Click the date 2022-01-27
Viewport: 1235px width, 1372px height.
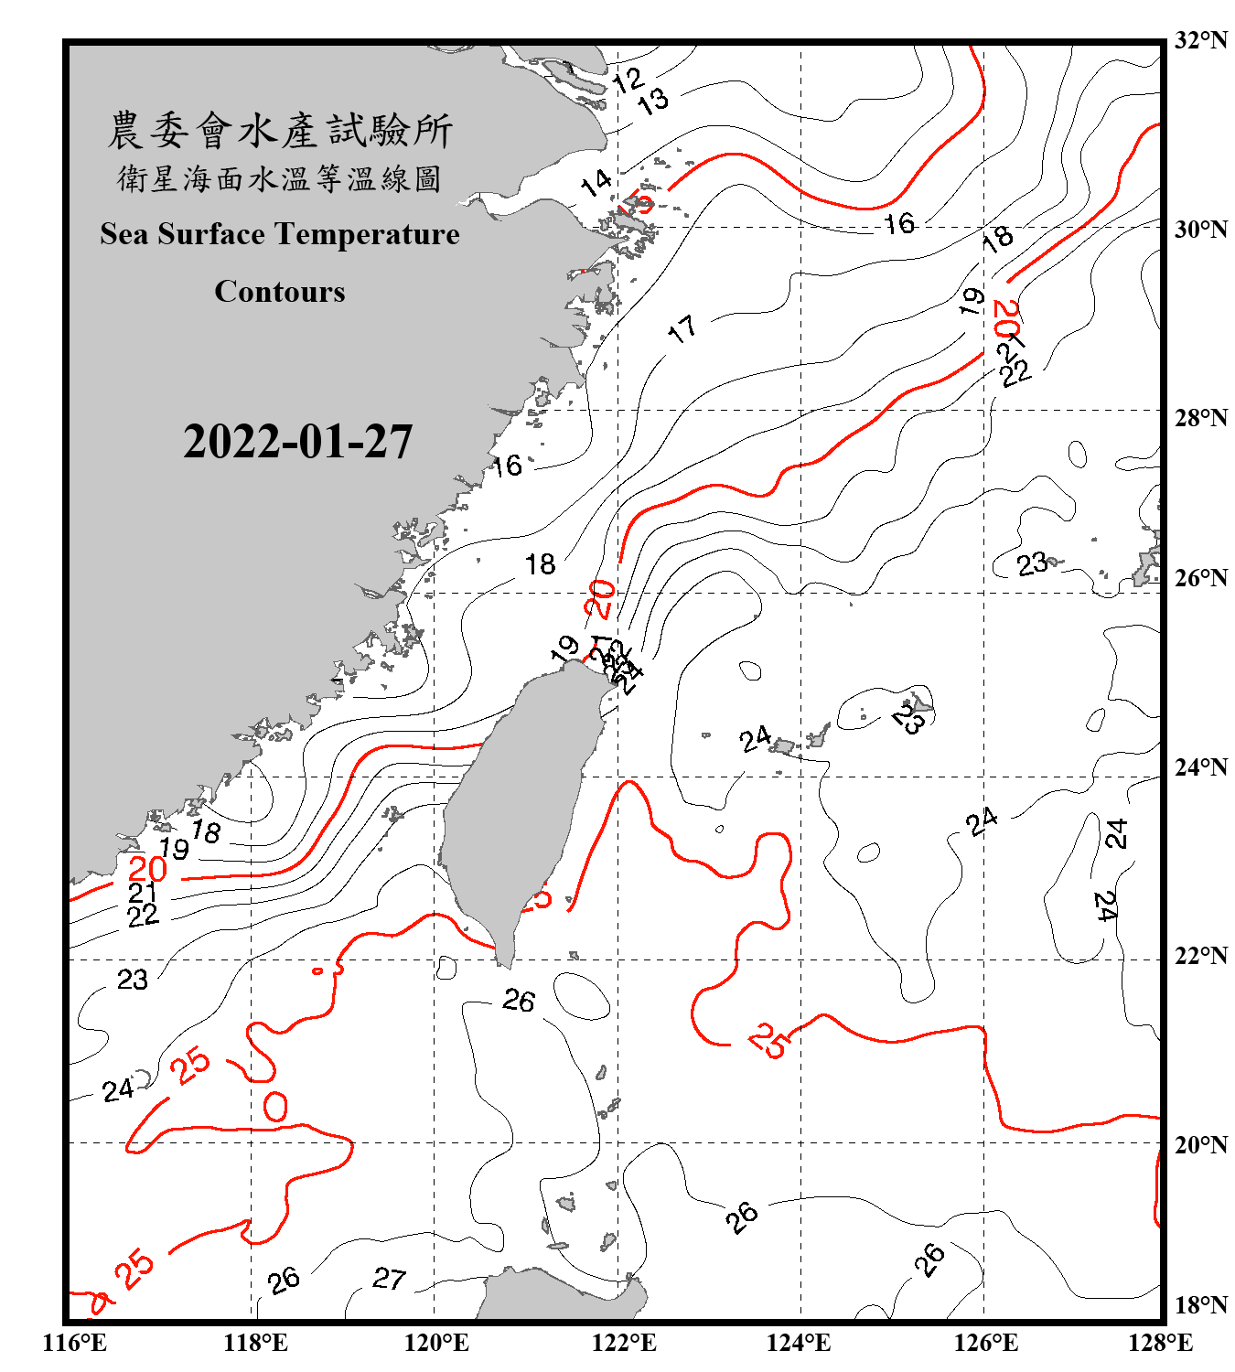coord(297,442)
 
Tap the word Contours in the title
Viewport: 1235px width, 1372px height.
coord(280,292)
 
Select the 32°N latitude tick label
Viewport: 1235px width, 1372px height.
coord(1200,40)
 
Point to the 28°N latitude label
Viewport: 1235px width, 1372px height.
coord(1200,418)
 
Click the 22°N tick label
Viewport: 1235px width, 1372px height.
coord(1200,956)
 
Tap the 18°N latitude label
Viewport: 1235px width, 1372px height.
coord(1200,1305)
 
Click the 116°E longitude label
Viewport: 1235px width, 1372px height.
coord(75,1343)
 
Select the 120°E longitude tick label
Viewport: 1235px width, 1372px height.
coord(436,1343)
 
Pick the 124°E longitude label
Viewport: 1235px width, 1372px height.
coord(799,1343)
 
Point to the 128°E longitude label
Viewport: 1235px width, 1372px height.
coord(1160,1343)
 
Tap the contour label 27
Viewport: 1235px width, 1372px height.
coord(389,1278)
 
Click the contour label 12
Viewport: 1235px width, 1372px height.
coord(628,80)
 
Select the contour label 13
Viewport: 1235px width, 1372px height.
coord(653,101)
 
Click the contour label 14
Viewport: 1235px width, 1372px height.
coord(596,182)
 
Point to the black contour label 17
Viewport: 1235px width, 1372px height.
coord(682,329)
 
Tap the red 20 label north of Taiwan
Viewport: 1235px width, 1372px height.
coord(600,599)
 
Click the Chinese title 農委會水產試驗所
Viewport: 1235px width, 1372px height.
coord(280,131)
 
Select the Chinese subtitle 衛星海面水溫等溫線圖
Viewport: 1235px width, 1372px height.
coord(280,178)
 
